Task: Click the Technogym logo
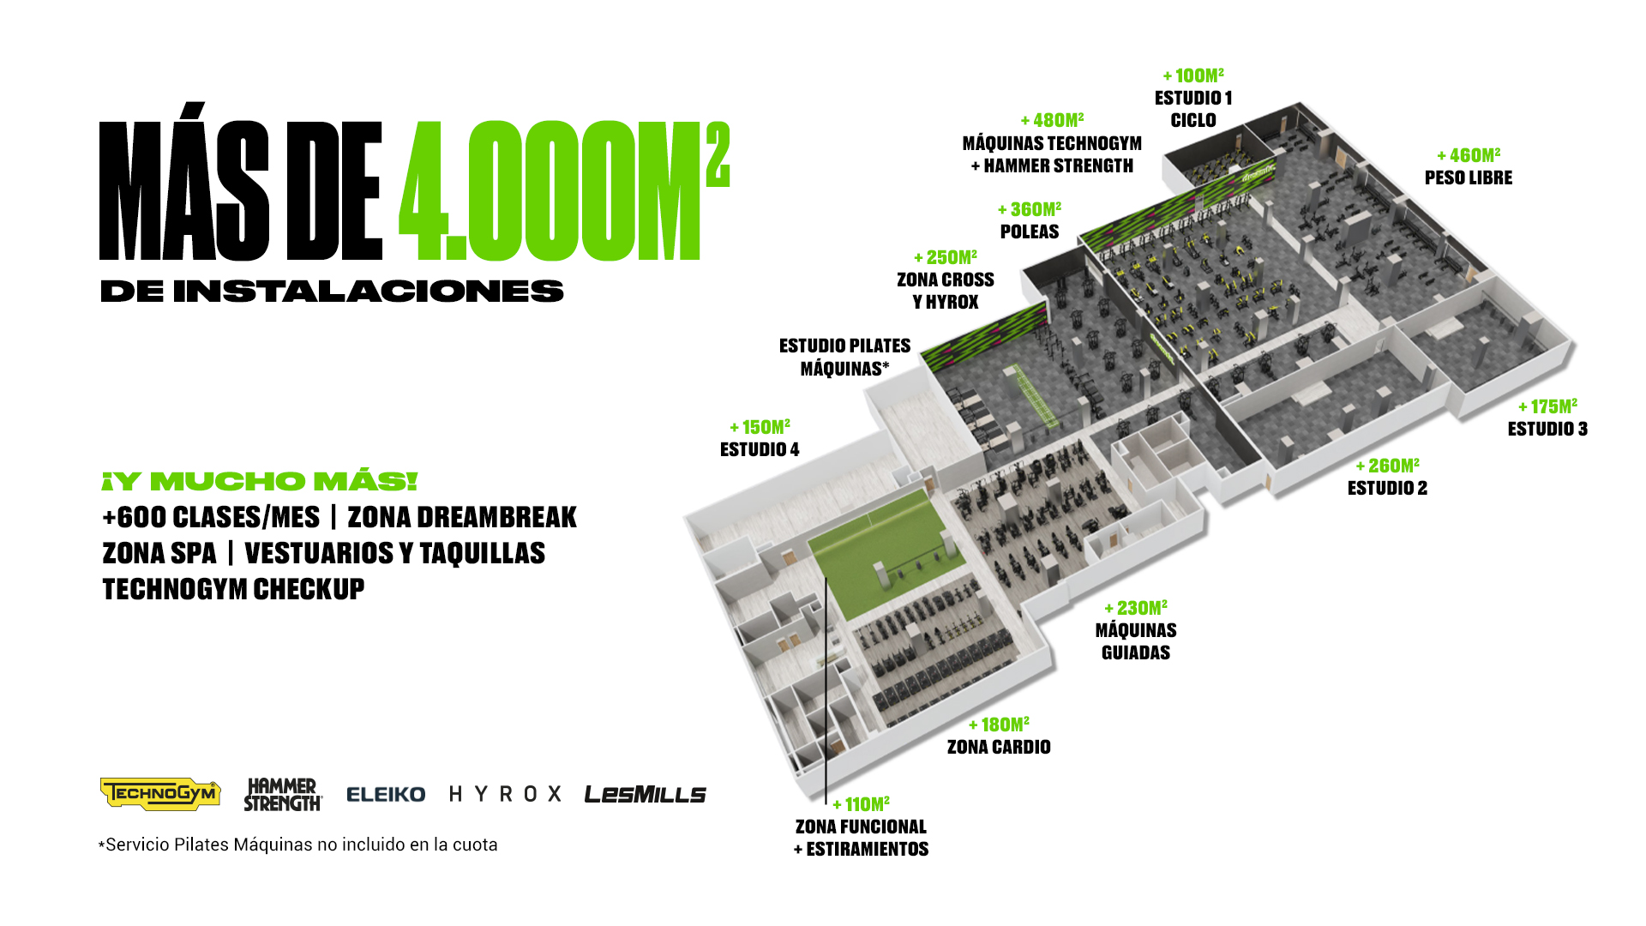point(160,794)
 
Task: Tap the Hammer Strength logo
point(283,795)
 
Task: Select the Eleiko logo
point(386,795)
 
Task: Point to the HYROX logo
point(506,794)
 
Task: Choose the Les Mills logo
point(645,795)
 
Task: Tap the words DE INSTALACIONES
point(332,292)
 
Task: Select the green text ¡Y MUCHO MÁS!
point(259,481)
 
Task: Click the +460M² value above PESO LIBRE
point(1469,155)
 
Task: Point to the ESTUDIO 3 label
point(1547,429)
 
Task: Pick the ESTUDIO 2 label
point(1387,488)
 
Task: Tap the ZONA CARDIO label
point(999,747)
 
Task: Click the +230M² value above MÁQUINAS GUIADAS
point(1136,608)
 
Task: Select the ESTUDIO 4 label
point(760,449)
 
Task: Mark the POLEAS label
point(1030,231)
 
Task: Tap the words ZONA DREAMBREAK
point(462,518)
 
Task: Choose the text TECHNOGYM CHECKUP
point(233,589)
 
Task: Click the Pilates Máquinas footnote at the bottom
point(298,845)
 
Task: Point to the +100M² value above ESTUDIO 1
point(1193,75)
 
